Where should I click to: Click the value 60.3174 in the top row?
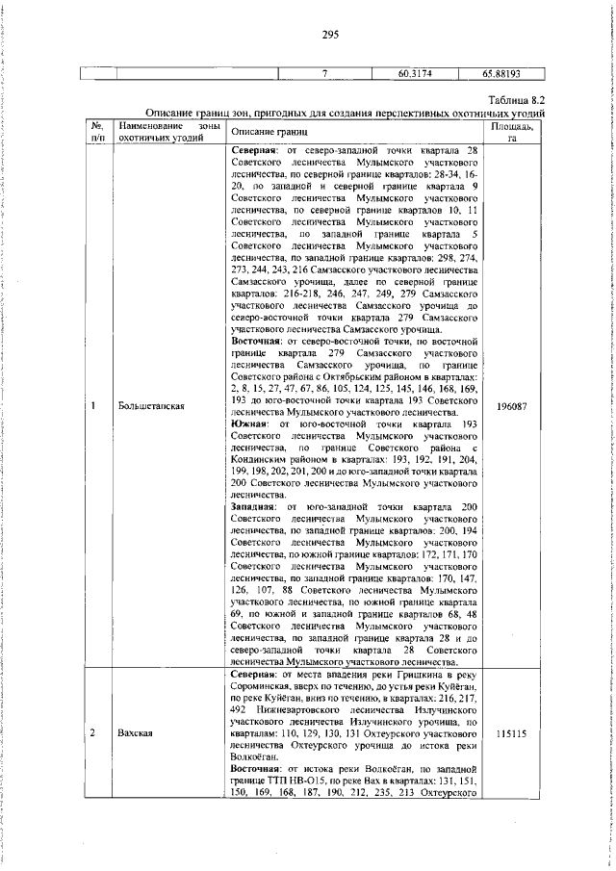click(x=414, y=72)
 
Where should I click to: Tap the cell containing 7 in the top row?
click(x=325, y=72)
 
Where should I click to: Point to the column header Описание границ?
click(x=269, y=130)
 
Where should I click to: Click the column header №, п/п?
click(x=97, y=131)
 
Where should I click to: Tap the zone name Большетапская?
click(x=151, y=406)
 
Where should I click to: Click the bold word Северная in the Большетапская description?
click(x=256, y=151)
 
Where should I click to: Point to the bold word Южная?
click(x=250, y=424)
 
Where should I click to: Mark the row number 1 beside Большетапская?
click(x=93, y=406)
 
